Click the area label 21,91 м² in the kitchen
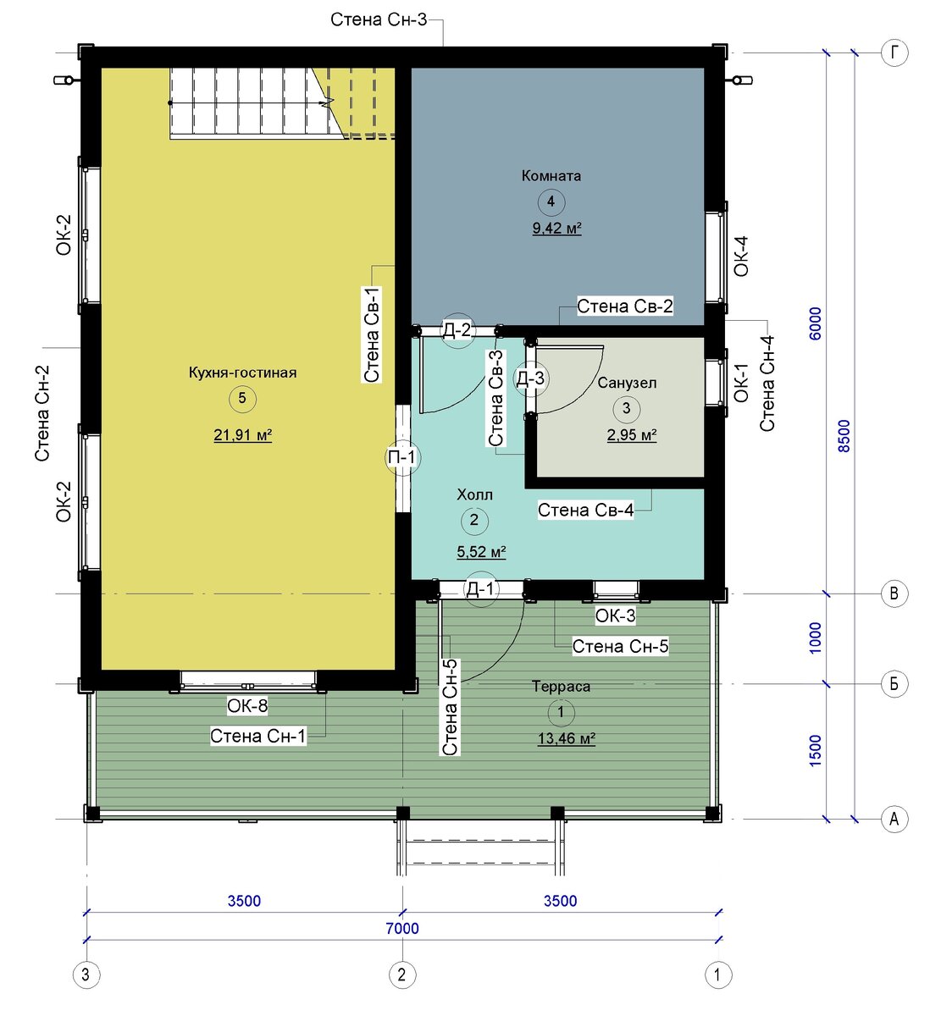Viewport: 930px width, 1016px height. coord(243,435)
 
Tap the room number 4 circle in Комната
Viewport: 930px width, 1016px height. coord(551,202)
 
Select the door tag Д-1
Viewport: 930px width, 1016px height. coord(479,588)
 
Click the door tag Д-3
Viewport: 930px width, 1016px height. coord(530,378)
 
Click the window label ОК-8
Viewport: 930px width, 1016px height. coord(247,705)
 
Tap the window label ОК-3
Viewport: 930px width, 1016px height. coord(615,616)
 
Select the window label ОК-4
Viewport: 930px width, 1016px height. coord(740,257)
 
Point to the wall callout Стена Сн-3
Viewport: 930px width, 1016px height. coord(379,19)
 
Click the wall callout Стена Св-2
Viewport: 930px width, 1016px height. coord(624,306)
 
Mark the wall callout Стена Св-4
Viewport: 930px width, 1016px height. coord(585,510)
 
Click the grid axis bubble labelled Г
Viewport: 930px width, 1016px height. coord(894,52)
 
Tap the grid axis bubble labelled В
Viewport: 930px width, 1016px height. coord(894,593)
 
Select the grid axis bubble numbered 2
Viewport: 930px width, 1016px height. coord(402,975)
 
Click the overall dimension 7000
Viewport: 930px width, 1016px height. coord(402,929)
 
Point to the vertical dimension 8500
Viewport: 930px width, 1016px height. coord(844,436)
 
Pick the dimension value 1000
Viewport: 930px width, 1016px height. coord(815,638)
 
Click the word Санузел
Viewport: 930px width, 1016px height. coord(627,383)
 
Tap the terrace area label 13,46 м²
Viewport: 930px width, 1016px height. coord(567,738)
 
